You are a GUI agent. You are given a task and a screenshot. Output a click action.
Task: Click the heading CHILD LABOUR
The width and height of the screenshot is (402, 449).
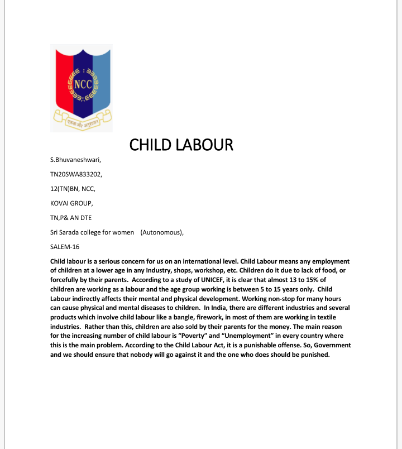coord(181,145)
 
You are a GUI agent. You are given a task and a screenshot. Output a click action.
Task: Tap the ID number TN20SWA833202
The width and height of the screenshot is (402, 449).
coord(76,174)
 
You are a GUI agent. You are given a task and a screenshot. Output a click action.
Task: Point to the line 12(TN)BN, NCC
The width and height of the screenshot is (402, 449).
coord(73,189)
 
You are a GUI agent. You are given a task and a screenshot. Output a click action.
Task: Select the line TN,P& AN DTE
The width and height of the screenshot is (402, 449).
coord(70,217)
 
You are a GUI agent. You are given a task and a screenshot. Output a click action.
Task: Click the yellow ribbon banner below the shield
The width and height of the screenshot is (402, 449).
coord(82,118)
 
